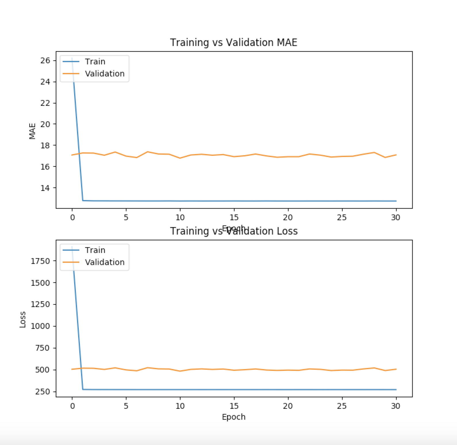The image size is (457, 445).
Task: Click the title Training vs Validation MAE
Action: [233, 43]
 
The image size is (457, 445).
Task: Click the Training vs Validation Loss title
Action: [233, 231]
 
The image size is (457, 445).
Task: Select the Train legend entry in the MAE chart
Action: [95, 62]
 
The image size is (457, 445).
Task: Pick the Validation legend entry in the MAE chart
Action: [105, 74]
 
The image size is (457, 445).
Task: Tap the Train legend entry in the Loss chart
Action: [95, 250]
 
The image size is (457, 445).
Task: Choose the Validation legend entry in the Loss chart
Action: [105, 262]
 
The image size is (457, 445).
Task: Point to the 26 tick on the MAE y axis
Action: [45, 60]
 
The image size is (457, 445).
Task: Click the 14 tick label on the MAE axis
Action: [45, 188]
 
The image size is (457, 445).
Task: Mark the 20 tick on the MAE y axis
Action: [45, 124]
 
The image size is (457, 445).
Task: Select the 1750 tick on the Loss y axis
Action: [40, 261]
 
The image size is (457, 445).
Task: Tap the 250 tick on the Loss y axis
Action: [43, 392]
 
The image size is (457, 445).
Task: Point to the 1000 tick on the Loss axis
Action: [40, 326]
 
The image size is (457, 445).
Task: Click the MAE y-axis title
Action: [32, 131]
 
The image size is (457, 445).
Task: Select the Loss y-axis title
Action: [23, 319]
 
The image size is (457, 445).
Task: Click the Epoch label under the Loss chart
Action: [233, 417]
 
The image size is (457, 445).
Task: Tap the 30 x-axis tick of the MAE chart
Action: [396, 218]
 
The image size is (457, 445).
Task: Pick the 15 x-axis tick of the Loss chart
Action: [234, 406]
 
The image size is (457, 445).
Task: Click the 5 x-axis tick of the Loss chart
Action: [126, 406]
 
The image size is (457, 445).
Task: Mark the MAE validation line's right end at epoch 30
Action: [396, 155]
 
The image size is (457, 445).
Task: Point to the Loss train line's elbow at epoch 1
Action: [83, 390]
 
